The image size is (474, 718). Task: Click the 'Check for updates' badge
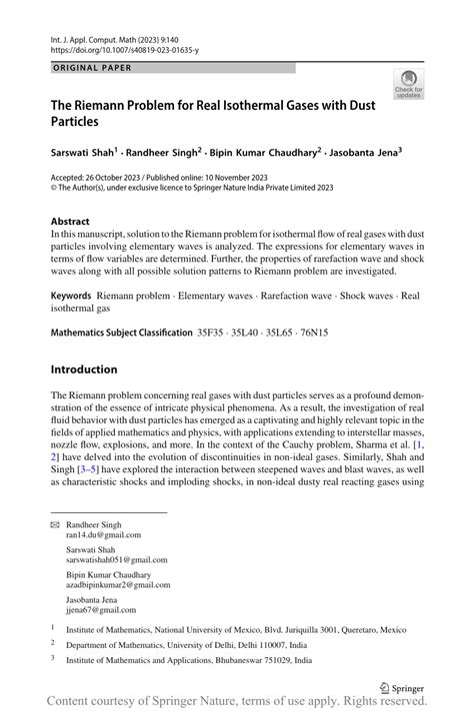(408, 85)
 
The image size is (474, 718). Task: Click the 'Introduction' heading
(84, 369)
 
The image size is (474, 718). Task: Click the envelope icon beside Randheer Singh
(54, 524)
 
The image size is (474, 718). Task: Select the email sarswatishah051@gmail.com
(116, 560)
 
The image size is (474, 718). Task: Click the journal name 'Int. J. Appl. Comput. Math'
(98, 35)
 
